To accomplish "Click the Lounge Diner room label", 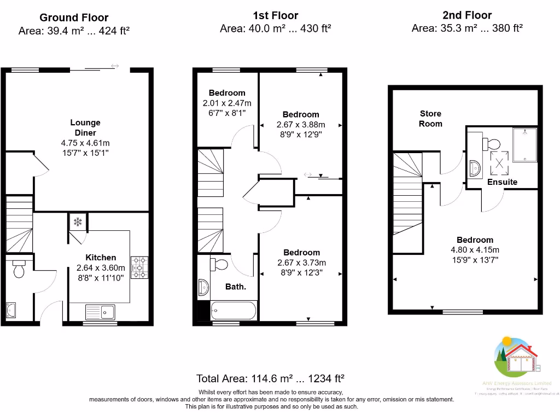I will pyautogui.click(x=85, y=127).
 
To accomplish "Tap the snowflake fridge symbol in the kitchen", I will pyautogui.click(x=78, y=222).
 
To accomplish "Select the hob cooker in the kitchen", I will pyautogui.click(x=138, y=267).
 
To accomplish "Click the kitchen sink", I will pyautogui.click(x=100, y=312).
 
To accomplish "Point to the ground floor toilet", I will pyautogui.click(x=19, y=269).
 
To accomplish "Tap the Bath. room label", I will pyautogui.click(x=236, y=287).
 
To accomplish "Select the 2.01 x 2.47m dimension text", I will pyautogui.click(x=226, y=103).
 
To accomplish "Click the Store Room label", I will pyautogui.click(x=430, y=119).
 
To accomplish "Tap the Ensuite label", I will pyautogui.click(x=502, y=182).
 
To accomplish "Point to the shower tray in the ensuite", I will pyautogui.click(x=527, y=144).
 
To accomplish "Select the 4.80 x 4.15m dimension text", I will pyautogui.click(x=475, y=249).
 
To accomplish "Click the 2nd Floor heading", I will pyautogui.click(x=467, y=15).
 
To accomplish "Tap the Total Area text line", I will pyautogui.click(x=270, y=378).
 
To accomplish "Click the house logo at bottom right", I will pyautogui.click(x=517, y=358).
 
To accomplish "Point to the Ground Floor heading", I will pyautogui.click(x=74, y=18).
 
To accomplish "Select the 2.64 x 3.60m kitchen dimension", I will pyautogui.click(x=101, y=268).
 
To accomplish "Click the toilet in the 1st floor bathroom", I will pyautogui.click(x=219, y=265).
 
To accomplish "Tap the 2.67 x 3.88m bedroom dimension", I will pyautogui.click(x=300, y=124).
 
